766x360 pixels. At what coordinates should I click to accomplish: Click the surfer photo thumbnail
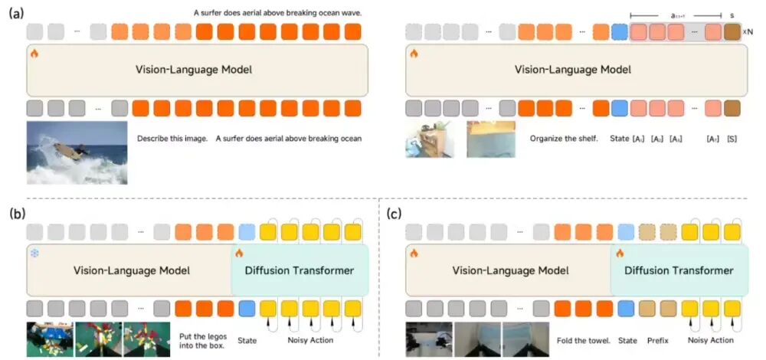pyautogui.click(x=77, y=153)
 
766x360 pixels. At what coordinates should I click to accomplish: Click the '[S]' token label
pyautogui.click(x=732, y=139)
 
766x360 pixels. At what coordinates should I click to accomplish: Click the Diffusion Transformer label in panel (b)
pyautogui.click(x=299, y=270)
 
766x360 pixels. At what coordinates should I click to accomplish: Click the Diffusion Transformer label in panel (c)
pyautogui.click(x=679, y=270)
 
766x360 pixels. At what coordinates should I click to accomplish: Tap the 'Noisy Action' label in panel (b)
pyautogui.click(x=310, y=339)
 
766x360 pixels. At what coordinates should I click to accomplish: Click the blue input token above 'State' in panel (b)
pyautogui.click(x=246, y=309)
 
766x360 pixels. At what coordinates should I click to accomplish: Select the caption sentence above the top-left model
pyautogui.click(x=277, y=13)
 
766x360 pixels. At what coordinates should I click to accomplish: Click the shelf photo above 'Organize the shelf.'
pyautogui.click(x=430, y=139)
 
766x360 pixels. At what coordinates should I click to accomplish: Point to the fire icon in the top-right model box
pyautogui.click(x=414, y=54)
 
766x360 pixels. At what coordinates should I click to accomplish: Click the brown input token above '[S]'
pyautogui.click(x=732, y=109)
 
